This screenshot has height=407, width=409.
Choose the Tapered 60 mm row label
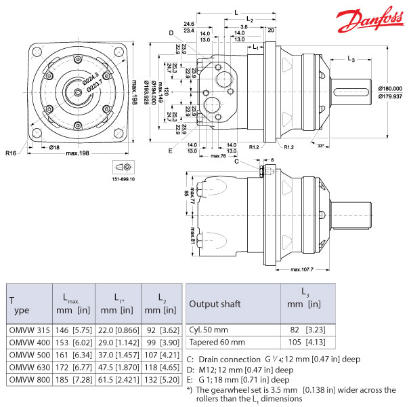pyautogui.click(x=217, y=342)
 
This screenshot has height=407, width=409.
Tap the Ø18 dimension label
pyautogui.click(x=56, y=146)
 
